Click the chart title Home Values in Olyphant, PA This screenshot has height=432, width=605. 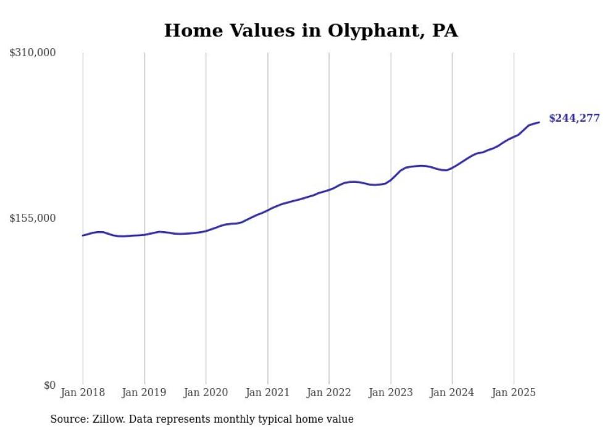[311, 30]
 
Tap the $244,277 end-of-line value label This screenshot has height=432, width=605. [574, 118]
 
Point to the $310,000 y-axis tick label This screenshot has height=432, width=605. [33, 53]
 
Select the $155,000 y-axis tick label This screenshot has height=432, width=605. [33, 218]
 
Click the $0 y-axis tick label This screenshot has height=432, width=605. [49, 385]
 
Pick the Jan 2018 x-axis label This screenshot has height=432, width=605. [83, 392]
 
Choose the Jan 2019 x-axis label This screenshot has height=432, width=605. [144, 392]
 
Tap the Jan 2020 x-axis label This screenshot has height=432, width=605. [206, 392]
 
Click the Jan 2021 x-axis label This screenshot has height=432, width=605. [267, 392]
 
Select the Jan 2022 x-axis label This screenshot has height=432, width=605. [329, 392]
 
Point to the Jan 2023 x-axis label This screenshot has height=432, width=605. [390, 392]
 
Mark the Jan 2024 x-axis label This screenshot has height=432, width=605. [452, 392]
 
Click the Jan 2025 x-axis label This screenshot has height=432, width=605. [513, 392]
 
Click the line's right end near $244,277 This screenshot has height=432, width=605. [539, 122]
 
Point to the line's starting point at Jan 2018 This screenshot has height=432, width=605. [83, 235]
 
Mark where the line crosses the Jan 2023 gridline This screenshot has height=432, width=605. [391, 179]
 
